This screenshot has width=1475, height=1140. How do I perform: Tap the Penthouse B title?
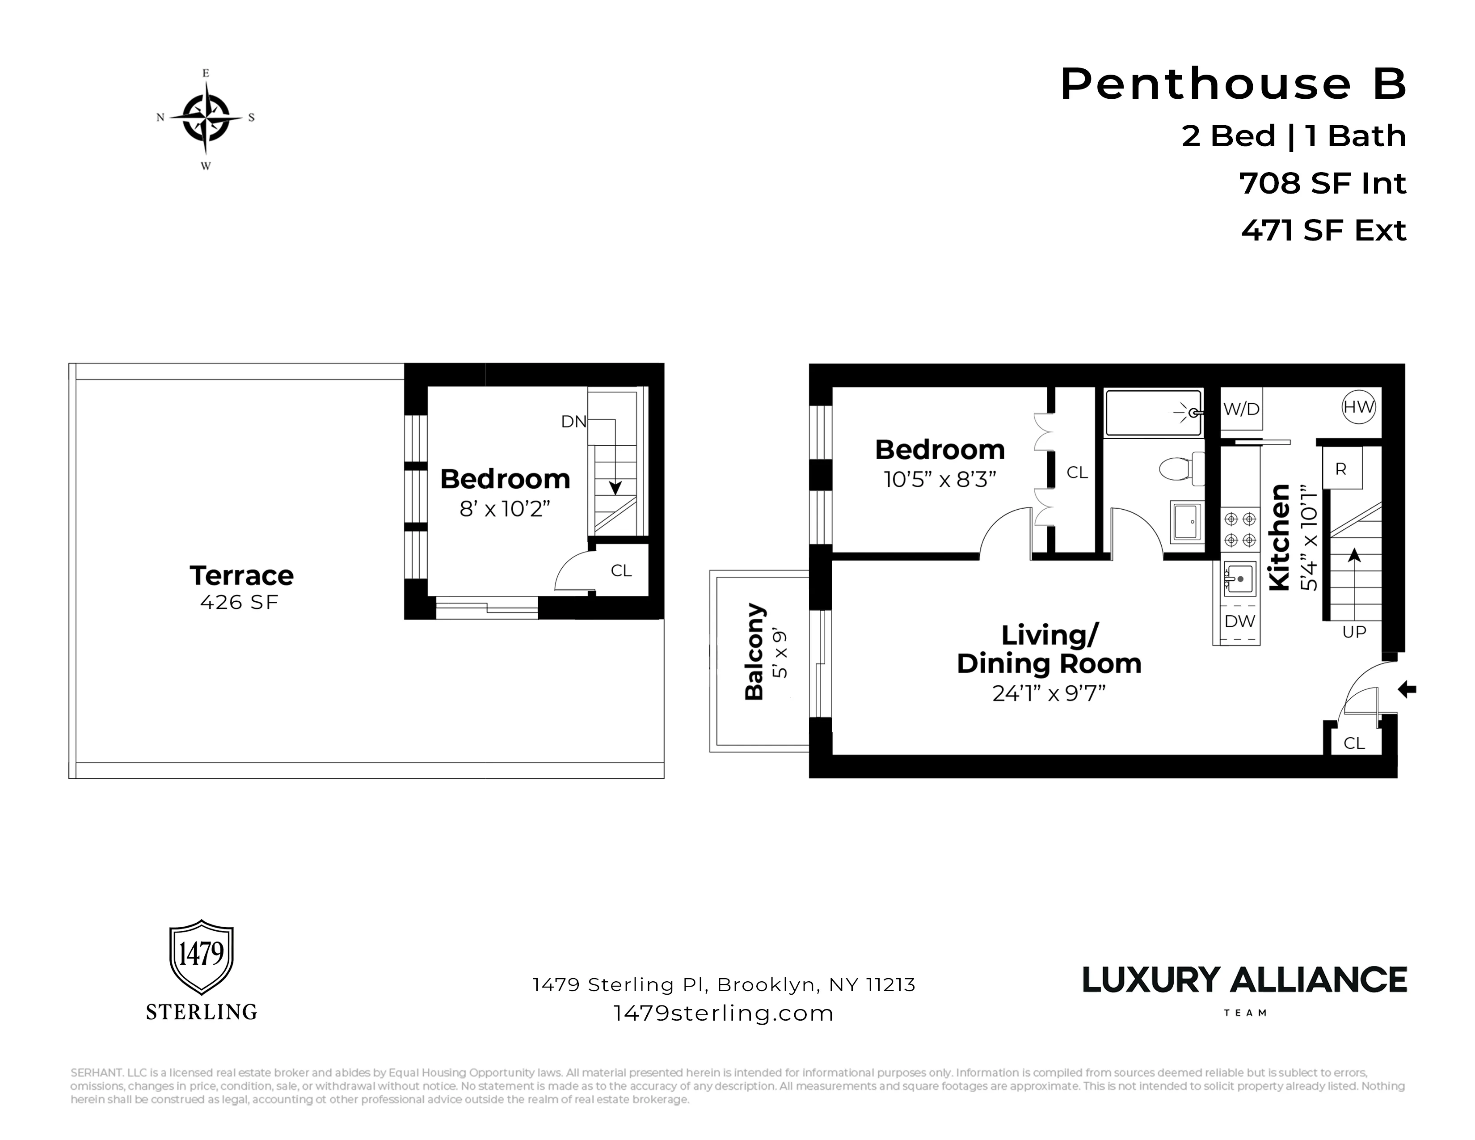click(x=1233, y=84)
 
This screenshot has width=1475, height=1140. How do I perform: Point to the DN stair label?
click(x=573, y=422)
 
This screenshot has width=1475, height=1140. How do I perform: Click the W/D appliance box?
click(x=1241, y=409)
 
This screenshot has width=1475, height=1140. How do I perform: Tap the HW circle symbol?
click(x=1358, y=407)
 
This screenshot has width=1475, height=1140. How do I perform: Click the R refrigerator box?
click(x=1341, y=469)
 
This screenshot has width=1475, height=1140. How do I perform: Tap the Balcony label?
click(x=755, y=652)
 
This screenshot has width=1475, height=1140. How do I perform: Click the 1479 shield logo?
click(x=201, y=956)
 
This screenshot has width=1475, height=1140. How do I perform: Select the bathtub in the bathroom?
click(x=1153, y=412)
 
